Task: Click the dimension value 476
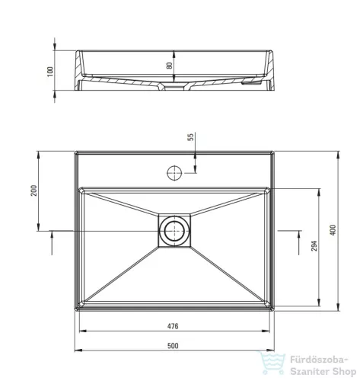point(173,327)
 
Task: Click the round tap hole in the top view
point(174,171)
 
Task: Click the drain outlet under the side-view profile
point(175,88)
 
